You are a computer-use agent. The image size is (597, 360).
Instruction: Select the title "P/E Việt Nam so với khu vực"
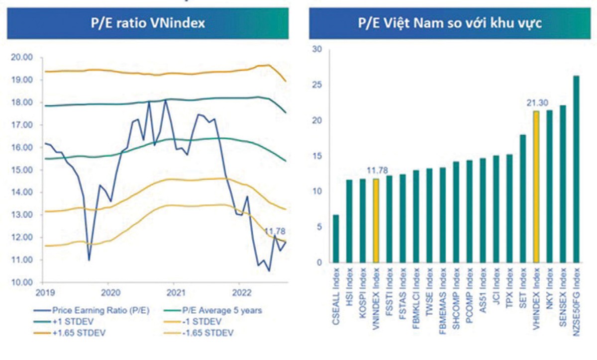(x=450, y=22)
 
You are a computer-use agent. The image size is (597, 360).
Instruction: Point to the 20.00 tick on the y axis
(x=21, y=58)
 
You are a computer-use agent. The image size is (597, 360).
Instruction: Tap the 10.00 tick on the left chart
(x=21, y=282)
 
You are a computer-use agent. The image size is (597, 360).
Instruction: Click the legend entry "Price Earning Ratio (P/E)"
(x=99, y=310)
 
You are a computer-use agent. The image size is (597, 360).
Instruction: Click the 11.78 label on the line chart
(x=275, y=231)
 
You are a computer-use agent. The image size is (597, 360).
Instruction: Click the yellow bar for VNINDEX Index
(x=376, y=221)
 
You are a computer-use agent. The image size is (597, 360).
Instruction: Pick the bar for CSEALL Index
(x=336, y=239)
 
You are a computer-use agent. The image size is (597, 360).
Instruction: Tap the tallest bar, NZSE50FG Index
(x=576, y=169)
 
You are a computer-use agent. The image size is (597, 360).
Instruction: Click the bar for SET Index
(x=523, y=199)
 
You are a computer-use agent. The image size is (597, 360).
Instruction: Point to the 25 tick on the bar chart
(x=316, y=85)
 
